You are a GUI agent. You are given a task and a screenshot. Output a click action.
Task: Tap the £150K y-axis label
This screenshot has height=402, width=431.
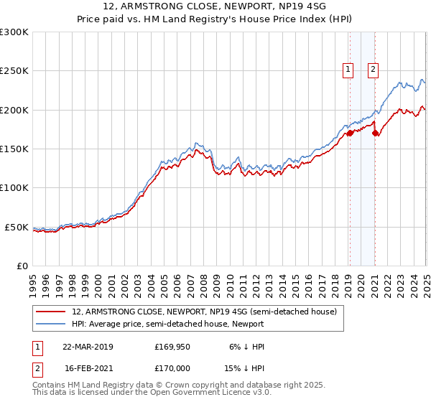14,149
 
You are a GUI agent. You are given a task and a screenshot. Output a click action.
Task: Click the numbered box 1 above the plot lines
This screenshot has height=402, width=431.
348,70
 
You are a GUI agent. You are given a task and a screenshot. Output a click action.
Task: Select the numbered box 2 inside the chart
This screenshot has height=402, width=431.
374,70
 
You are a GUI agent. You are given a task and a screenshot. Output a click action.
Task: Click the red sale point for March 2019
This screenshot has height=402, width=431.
350,133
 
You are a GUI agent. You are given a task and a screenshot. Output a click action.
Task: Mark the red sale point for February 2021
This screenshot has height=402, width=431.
375,133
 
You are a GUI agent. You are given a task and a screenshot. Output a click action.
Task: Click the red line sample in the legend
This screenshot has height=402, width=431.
52,312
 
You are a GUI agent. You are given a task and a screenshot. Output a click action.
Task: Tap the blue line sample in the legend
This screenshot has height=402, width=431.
52,324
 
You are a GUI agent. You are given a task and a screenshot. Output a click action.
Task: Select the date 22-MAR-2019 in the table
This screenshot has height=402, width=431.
88,347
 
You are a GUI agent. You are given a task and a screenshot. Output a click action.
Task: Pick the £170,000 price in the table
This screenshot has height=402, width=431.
172,368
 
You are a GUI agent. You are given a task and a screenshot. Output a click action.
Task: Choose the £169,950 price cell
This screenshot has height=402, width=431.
172,347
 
